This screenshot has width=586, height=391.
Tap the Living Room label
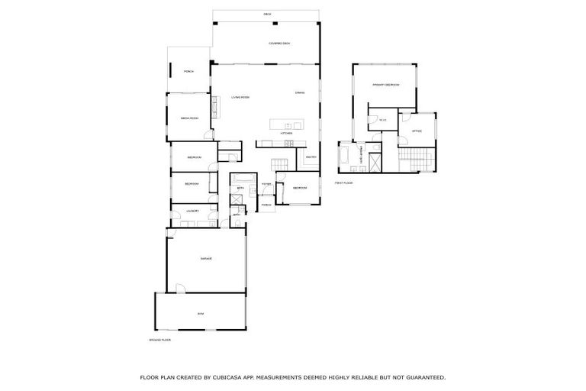[241, 97]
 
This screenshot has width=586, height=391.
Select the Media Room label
[190, 118]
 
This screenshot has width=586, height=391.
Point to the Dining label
[301, 93]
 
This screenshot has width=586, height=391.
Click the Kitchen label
[286, 133]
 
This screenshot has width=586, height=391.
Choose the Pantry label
[311, 157]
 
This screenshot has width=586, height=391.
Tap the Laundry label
[191, 211]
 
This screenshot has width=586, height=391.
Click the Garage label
[206, 259]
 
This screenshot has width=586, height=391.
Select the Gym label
[201, 313]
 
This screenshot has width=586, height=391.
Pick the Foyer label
[266, 184]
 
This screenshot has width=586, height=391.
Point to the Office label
[417, 131]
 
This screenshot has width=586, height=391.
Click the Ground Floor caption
[159, 339]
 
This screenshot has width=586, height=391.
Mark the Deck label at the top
[267, 15]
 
